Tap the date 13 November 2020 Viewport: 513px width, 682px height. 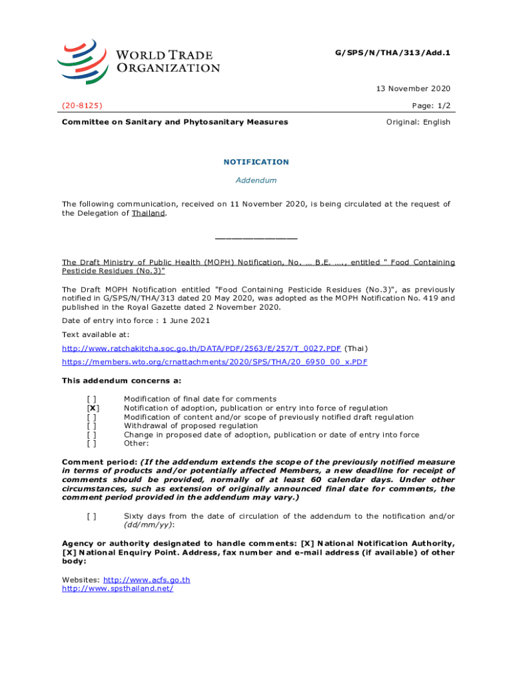pos(414,89)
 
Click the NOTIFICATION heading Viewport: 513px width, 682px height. pos(256,162)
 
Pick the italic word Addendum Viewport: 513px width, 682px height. pos(256,180)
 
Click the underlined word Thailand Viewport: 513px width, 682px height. pos(148,213)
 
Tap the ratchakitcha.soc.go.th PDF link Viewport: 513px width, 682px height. pos(201,348)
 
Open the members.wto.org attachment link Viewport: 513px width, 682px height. pos(215,362)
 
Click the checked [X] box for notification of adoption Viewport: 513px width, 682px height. pos(93,408)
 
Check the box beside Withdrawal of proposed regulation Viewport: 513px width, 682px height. pos(93,426)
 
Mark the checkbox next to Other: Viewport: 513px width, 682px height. pos(93,443)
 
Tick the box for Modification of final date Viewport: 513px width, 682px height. pos(93,399)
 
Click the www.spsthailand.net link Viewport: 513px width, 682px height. pos(118,589)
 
